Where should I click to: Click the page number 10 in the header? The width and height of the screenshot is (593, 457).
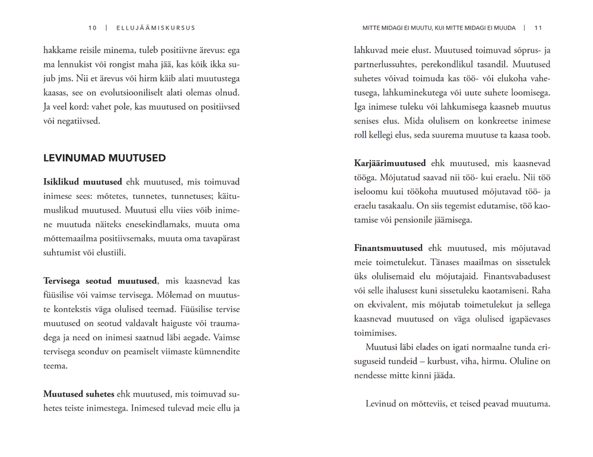[x=92, y=28]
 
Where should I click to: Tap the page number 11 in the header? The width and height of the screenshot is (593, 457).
[x=538, y=28]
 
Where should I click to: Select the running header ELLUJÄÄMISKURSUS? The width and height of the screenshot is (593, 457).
[x=156, y=28]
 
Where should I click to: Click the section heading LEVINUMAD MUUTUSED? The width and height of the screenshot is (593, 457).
[x=104, y=158]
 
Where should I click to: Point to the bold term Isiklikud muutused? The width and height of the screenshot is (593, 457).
[x=83, y=182]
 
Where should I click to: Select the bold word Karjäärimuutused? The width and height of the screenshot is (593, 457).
[x=390, y=163]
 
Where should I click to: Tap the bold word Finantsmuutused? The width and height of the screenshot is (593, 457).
[x=388, y=248]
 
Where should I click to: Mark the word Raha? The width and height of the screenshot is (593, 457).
[x=540, y=291]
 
